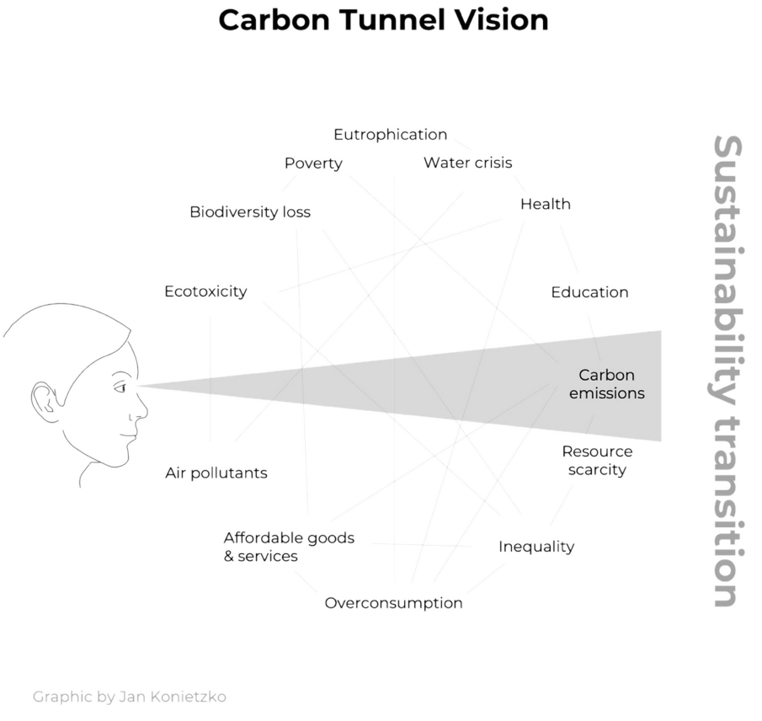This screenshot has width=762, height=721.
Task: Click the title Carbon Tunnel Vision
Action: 383,19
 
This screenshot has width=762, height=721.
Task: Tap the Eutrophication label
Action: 390,135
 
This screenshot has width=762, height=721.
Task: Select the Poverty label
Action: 313,163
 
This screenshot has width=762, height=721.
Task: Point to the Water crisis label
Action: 467,163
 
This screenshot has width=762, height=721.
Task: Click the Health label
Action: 545,204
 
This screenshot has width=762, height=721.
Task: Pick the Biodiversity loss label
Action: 249,211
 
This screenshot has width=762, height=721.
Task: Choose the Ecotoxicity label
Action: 205,291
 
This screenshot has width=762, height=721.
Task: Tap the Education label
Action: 589,292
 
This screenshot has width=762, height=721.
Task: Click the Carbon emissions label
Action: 606,384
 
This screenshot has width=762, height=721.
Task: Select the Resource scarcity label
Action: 597,460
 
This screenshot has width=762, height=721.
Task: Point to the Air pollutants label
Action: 216,473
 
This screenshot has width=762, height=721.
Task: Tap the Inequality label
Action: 536,547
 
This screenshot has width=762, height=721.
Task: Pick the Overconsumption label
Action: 393,603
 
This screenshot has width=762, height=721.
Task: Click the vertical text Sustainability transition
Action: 726,371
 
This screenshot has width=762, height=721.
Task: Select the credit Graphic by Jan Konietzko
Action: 129,697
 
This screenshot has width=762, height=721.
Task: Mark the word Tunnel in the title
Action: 397,19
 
